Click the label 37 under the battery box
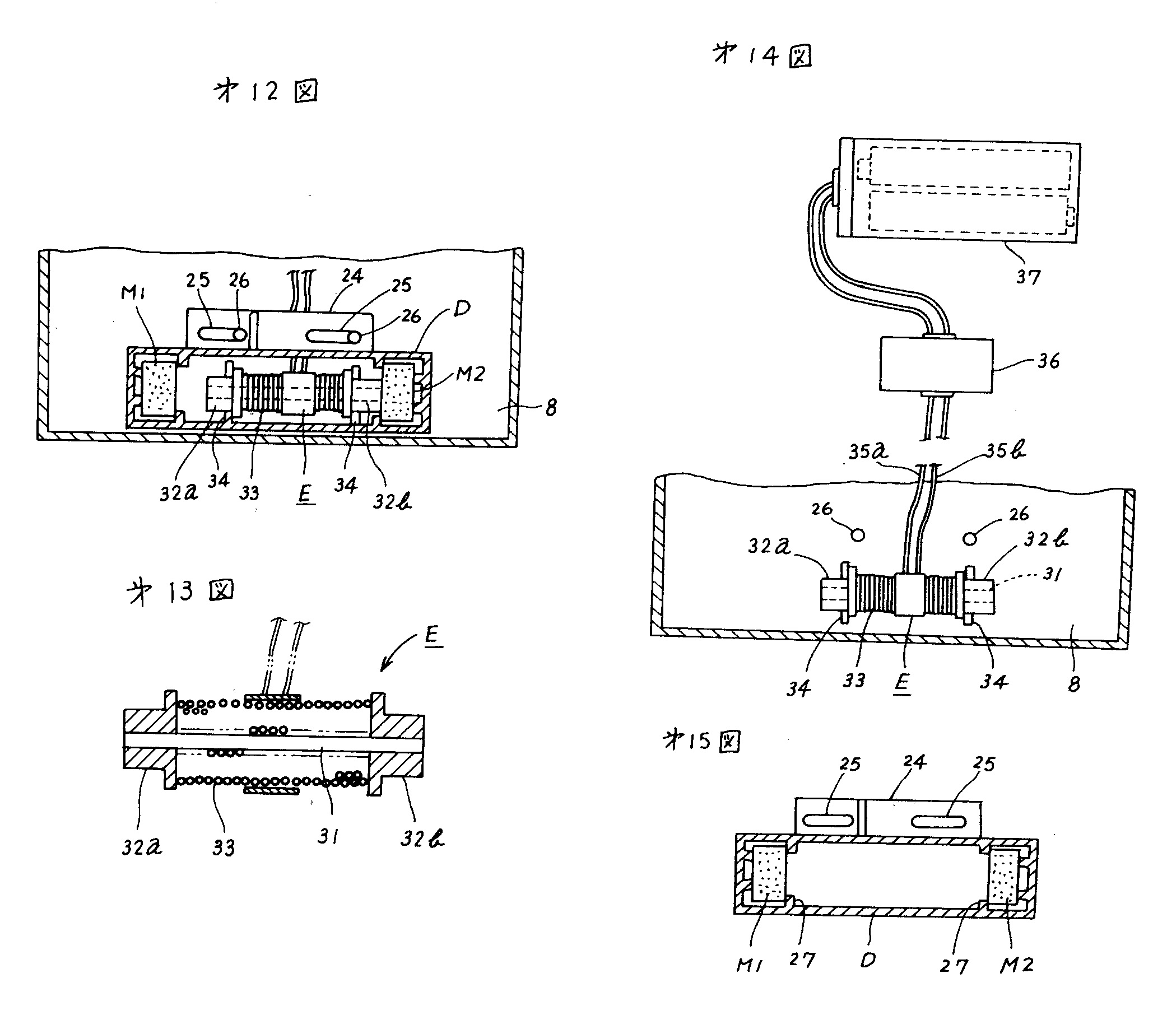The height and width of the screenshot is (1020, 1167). (x=1028, y=277)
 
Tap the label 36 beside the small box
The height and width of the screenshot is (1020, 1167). (x=1049, y=361)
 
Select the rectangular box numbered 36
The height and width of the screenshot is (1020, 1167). (x=936, y=365)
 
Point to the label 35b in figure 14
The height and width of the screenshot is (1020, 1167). (x=1006, y=450)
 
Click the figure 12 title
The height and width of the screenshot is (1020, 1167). (x=266, y=91)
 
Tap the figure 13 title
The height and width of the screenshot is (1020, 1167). (x=180, y=592)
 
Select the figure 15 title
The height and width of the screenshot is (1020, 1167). (x=702, y=741)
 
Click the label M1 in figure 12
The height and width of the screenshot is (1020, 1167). (x=133, y=293)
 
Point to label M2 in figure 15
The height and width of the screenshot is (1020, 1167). (x=1017, y=964)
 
